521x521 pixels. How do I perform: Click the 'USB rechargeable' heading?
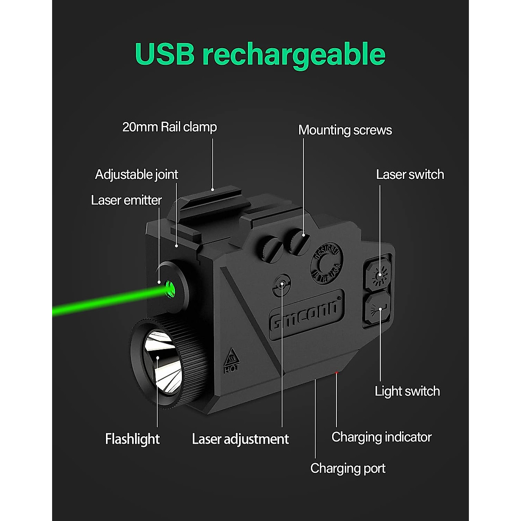pyautogui.click(x=260, y=54)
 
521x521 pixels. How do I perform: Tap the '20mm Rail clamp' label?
pyautogui.click(x=169, y=127)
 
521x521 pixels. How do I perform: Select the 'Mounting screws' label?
pyautogui.click(x=345, y=130)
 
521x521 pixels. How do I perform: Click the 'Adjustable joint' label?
pyautogui.click(x=136, y=175)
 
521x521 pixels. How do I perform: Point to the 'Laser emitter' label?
pyautogui.click(x=126, y=200)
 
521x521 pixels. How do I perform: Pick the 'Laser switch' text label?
pyautogui.click(x=410, y=175)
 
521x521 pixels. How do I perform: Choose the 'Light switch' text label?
pyautogui.click(x=407, y=391)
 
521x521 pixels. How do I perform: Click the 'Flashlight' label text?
pyautogui.click(x=132, y=439)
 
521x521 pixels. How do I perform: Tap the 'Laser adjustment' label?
pyautogui.click(x=240, y=439)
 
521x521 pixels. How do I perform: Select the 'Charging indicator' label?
pyautogui.click(x=381, y=437)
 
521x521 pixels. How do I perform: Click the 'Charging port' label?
pyautogui.click(x=348, y=468)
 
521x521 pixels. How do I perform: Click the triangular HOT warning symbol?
pyautogui.click(x=232, y=359)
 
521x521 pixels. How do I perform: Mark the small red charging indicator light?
pyautogui.click(x=336, y=372)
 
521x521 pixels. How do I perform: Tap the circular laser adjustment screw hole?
pyautogui.click(x=283, y=285)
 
